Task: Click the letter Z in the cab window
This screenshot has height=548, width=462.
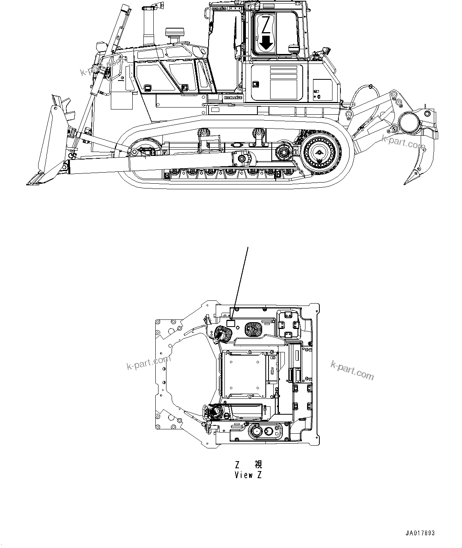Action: (267, 24)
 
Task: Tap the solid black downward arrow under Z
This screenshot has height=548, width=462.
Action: (267, 42)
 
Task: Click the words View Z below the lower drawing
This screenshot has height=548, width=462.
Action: (248, 475)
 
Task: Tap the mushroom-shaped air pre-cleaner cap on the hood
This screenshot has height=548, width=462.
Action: (173, 33)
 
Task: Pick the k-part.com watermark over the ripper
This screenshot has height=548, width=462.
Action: (403, 142)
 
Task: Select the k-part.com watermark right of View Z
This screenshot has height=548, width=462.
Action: (352, 370)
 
